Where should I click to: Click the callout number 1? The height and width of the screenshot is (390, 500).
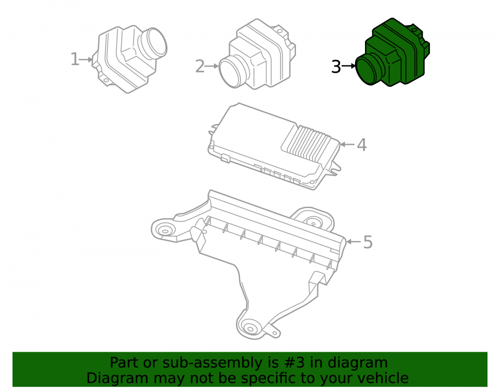74,59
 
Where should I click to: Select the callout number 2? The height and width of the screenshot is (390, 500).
199,66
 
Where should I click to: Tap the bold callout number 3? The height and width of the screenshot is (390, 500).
336,67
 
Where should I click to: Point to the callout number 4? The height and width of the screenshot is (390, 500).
361,145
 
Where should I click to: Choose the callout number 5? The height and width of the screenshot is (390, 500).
368,242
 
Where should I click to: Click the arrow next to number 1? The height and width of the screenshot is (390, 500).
86,59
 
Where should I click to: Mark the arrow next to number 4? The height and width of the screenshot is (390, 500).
347,144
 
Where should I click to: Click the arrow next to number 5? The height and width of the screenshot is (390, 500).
353,242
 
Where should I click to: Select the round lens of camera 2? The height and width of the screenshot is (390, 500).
230,71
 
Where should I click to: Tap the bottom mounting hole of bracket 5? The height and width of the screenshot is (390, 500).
250,328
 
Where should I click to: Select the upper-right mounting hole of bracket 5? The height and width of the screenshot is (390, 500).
313,224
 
